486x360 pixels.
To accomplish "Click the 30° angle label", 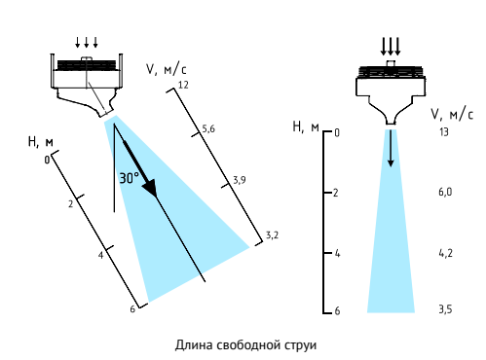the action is pos(129,178).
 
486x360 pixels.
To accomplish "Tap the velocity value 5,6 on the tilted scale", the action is pos(208,129).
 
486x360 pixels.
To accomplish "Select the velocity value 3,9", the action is pos(240,180).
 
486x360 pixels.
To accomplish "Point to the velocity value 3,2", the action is pos(272,235).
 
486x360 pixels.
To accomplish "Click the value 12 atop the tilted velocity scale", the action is pos(183,85).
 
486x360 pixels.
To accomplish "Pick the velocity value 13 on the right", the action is pos(443,132).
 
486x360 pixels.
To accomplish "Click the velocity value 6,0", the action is pos(445,192).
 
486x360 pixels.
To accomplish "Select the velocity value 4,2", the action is pos(445,253).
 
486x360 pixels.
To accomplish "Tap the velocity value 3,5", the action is pos(445,309).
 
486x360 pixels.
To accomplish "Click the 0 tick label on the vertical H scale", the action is pos(337,132).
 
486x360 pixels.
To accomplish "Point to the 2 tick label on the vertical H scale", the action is pos(336,193).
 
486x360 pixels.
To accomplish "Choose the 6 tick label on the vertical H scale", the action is pos(337,311).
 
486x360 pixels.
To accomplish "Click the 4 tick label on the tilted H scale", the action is pos(100,255).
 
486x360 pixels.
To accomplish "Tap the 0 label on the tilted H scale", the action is pos(47,160).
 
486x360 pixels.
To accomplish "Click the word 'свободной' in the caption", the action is pos(248,344).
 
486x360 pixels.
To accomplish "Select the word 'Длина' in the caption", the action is pos(194,345).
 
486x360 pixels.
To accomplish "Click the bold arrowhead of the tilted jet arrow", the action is pos(150,188).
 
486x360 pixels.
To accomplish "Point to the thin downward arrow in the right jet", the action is pos(391,148).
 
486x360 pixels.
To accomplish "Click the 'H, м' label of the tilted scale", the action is pos(41,142).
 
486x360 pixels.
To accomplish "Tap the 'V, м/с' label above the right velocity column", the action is pos(452,114).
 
